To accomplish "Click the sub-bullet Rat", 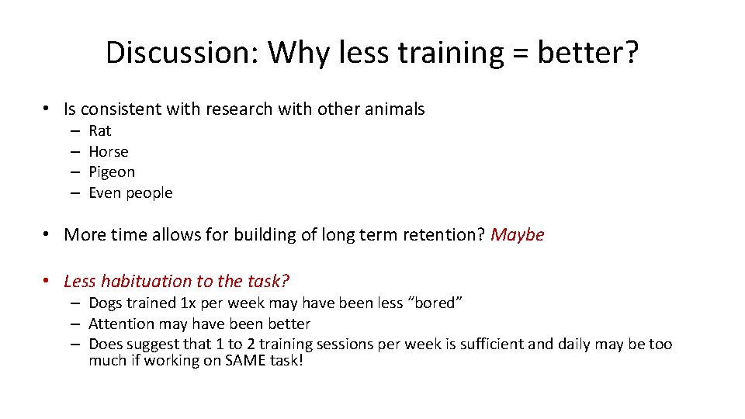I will click(x=100, y=130).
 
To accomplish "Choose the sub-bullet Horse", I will click(x=109, y=151).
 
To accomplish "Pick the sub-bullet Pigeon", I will click(x=112, y=171).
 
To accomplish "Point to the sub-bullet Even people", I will click(x=130, y=192).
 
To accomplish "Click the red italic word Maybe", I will click(x=518, y=234).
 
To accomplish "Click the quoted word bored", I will click(x=439, y=303).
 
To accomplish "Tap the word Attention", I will click(x=121, y=324).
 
